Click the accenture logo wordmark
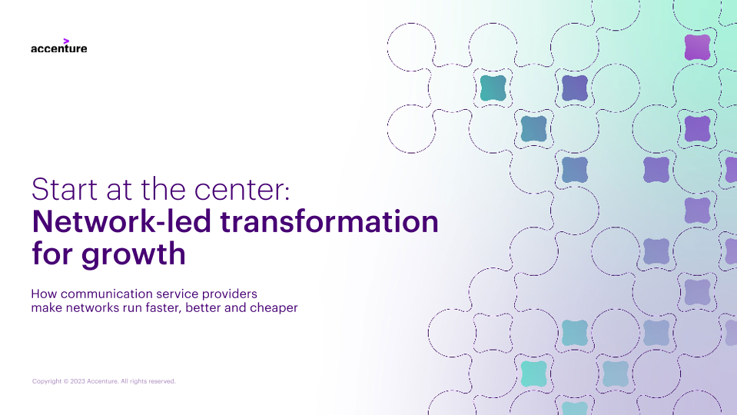point(58,48)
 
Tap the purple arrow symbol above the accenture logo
point(66,41)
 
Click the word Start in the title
point(65,189)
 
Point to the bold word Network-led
point(121,221)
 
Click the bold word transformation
point(329,221)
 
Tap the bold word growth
point(134,254)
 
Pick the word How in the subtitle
point(44,294)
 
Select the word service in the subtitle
point(178,294)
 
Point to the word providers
point(230,294)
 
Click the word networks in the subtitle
point(92,308)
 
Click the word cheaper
point(274,309)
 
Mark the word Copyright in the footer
point(47,381)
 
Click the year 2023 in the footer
point(78,381)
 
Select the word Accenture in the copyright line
point(102,381)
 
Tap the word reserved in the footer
point(161,381)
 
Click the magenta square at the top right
point(697,47)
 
